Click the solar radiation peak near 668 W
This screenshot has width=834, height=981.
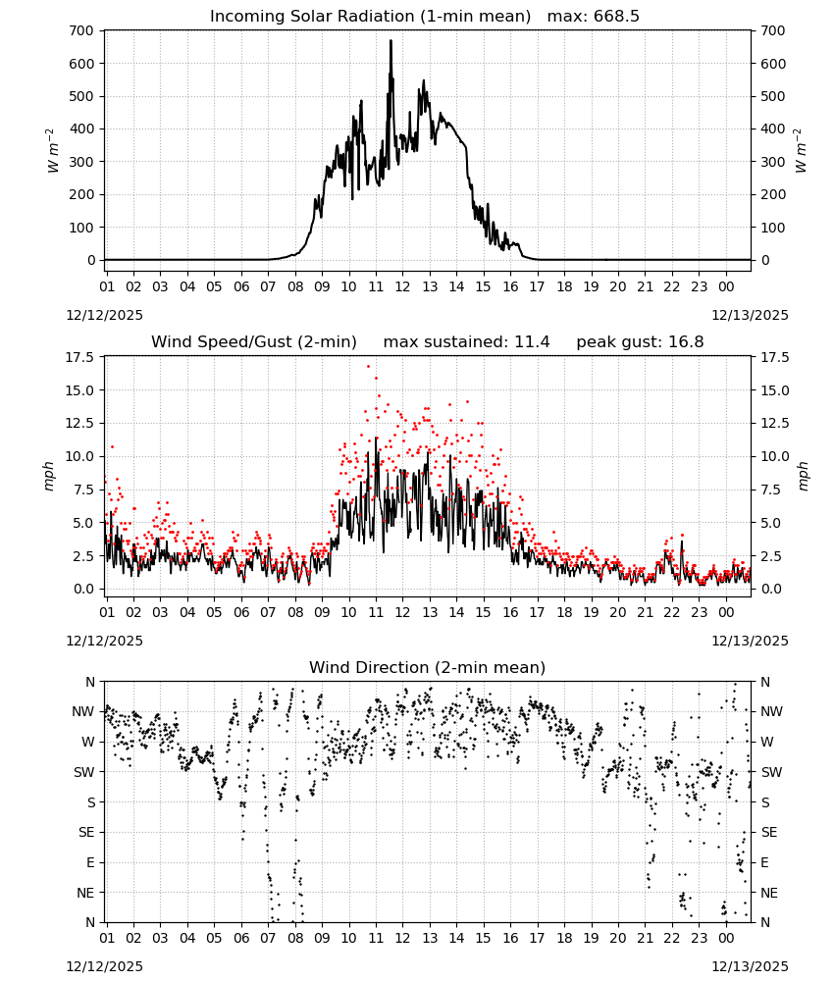tap(391, 41)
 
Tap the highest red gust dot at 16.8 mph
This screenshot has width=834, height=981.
tap(369, 366)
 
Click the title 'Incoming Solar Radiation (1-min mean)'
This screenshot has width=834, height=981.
tap(370, 17)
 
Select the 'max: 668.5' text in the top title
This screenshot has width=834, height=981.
tap(594, 17)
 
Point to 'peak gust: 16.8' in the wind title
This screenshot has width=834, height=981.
tap(640, 342)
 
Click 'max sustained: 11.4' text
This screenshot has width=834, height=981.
tap(467, 342)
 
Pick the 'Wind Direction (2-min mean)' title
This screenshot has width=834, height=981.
tap(428, 667)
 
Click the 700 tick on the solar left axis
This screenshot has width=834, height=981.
tap(82, 30)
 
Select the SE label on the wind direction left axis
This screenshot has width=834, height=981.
tap(86, 832)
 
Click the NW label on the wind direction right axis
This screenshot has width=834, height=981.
tap(771, 711)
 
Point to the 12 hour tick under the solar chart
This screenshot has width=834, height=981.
tap(402, 286)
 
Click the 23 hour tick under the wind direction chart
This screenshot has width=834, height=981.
tap(699, 938)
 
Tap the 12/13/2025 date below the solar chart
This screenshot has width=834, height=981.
tap(750, 315)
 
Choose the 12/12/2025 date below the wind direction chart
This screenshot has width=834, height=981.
tap(104, 966)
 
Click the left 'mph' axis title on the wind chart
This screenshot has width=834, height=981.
tap(49, 476)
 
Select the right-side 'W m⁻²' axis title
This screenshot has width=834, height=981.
tap(801, 151)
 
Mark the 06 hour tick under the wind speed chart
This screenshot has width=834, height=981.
tap(241, 612)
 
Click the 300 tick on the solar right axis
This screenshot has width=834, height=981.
tap(773, 162)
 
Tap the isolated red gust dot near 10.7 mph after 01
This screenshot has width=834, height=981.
tap(112, 446)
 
